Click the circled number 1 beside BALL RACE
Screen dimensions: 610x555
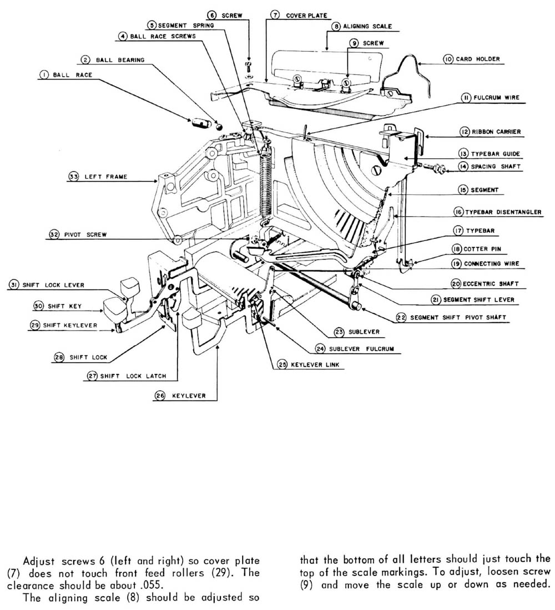[43, 75]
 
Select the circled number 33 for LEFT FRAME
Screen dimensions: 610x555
[73, 177]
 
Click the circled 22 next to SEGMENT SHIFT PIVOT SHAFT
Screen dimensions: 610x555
[401, 318]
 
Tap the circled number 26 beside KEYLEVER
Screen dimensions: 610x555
[160, 396]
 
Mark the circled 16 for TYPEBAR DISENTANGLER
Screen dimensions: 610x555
[458, 212]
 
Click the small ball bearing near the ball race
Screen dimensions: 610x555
[219, 125]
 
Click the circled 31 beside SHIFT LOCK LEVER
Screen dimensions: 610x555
[13, 285]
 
